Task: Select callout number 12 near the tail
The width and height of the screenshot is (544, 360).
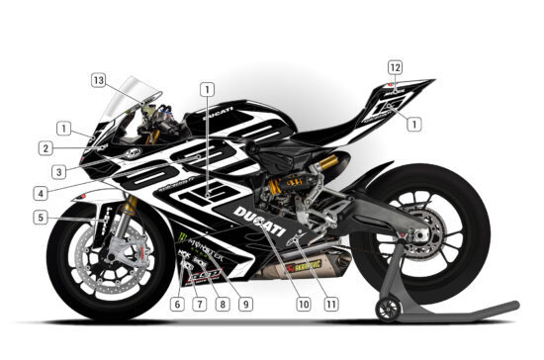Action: click(x=395, y=67)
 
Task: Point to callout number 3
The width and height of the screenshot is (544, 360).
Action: click(x=59, y=171)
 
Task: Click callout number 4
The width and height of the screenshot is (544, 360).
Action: click(x=39, y=192)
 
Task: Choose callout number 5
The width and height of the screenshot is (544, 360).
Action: click(x=39, y=217)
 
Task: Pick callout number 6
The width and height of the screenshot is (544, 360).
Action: click(x=176, y=304)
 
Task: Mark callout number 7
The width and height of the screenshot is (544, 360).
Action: click(x=199, y=304)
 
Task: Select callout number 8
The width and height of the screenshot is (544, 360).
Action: click(x=222, y=304)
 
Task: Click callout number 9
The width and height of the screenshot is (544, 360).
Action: click(x=244, y=304)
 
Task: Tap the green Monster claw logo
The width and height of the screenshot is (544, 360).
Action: click(x=186, y=238)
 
